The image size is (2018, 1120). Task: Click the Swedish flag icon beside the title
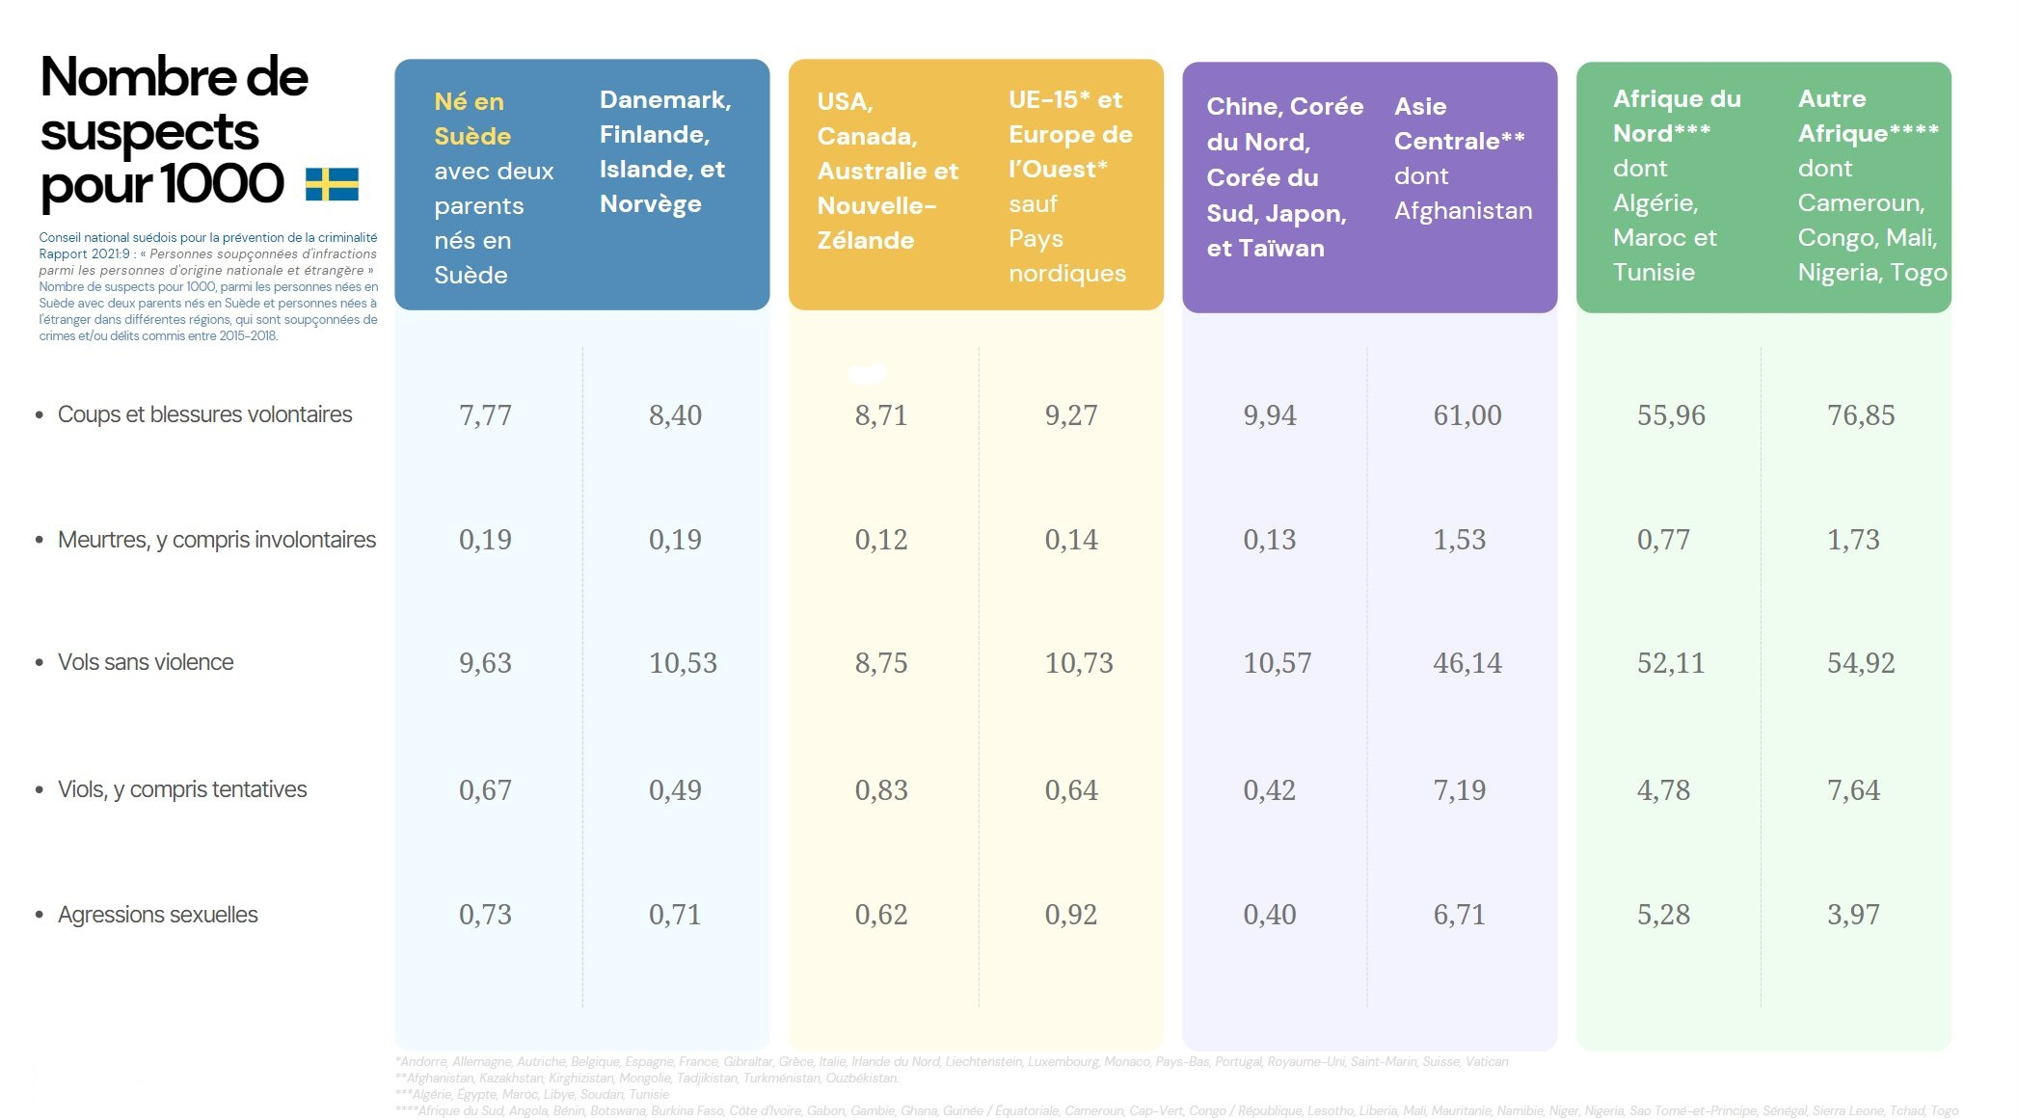coord(332,184)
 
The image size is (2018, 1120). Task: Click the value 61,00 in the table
coord(1466,415)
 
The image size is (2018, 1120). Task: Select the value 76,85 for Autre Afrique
coord(1860,415)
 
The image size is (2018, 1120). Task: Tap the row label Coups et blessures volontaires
coord(204,414)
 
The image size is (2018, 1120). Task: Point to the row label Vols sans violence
coord(146,662)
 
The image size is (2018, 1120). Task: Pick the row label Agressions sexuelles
coord(157,915)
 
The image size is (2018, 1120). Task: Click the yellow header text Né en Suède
coord(471,119)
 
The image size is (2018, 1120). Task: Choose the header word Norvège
coord(650,204)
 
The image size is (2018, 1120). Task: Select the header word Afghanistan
coord(1463,211)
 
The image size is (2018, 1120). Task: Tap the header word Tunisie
coord(1654,273)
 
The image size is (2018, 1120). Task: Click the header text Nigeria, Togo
coord(1871,273)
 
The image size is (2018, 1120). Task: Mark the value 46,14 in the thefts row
coord(1466,663)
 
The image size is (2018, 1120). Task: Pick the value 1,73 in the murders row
coord(1852,540)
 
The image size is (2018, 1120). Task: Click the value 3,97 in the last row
coord(1852,915)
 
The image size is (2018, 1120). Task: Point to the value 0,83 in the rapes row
coord(880,790)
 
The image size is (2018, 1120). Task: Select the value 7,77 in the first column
coord(485,415)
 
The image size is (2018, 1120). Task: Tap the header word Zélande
coord(865,241)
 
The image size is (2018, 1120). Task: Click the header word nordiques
coord(1066,274)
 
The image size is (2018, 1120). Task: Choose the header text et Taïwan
coord(1265,249)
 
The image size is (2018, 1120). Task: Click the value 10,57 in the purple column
coord(1277,663)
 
